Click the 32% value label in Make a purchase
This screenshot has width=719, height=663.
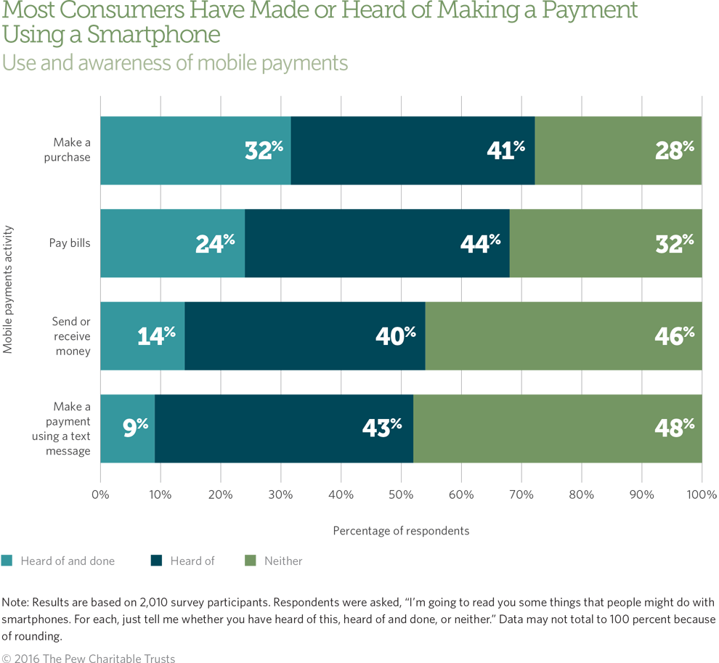(263, 150)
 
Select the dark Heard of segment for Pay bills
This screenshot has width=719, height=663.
(377, 243)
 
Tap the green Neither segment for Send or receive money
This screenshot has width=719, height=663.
(563, 335)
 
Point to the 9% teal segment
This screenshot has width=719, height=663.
(127, 428)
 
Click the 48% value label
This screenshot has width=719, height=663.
(675, 428)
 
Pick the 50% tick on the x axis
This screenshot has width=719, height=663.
(401, 495)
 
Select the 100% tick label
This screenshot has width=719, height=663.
(702, 495)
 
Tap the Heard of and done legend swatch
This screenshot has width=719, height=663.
(7, 561)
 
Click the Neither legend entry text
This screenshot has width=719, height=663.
(283, 561)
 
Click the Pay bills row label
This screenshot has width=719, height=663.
(70, 243)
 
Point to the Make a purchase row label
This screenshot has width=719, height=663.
(71, 150)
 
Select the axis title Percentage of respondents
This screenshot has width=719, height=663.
(401, 531)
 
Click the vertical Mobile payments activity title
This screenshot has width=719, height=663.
(8, 289)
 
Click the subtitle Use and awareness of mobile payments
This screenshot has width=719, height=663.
(175, 63)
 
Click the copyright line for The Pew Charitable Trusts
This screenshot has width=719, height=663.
(88, 659)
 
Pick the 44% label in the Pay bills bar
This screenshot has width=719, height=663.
(480, 243)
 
